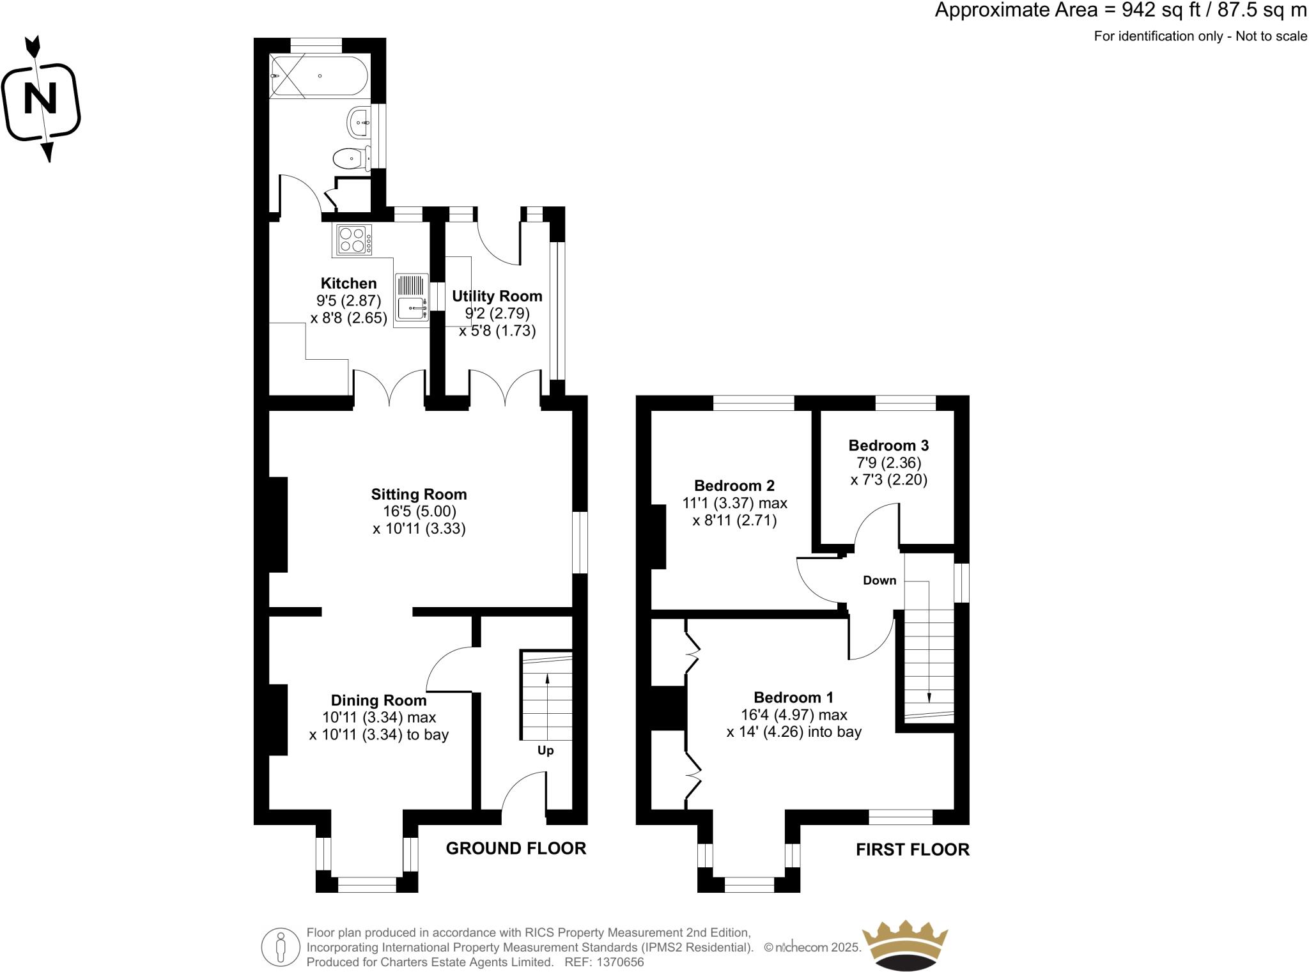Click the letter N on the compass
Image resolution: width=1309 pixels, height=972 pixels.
[40, 99]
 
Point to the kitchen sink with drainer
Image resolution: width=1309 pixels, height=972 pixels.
[412, 297]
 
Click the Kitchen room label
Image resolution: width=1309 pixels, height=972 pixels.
[348, 283]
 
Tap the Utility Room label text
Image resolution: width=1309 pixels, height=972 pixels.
[497, 296]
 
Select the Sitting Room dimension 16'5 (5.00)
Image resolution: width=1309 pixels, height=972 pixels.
[419, 511]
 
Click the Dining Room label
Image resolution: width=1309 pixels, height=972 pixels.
[378, 700]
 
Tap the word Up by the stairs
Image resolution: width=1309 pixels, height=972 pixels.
[545, 750]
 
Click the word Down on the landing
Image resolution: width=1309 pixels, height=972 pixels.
[879, 580]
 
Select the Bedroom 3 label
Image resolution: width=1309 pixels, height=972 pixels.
[888, 445]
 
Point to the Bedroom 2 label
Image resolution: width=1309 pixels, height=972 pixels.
[734, 486]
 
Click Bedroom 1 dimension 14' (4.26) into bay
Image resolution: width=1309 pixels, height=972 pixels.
[794, 732]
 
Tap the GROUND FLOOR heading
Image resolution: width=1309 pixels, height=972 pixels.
[516, 848]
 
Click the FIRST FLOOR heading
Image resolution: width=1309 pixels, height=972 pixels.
[912, 849]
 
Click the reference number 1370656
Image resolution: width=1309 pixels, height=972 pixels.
[620, 962]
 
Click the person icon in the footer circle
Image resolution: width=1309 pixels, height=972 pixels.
[281, 946]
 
